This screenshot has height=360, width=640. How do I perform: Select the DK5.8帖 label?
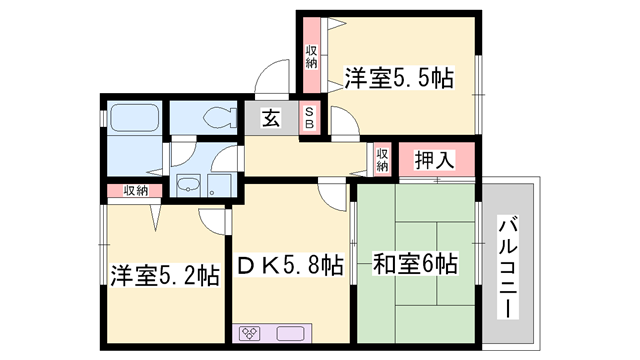pos(291,266)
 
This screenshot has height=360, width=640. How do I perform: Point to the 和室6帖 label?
pos(416,265)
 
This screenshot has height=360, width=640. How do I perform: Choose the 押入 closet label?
pos(434,158)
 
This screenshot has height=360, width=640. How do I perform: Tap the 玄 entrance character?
pos(271,118)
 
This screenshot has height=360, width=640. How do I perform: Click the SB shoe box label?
pos(310,118)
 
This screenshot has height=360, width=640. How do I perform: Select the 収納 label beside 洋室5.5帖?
pos(312,56)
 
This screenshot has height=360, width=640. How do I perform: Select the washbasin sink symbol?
pos(187,185)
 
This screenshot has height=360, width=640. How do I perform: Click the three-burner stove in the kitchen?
pos(250,334)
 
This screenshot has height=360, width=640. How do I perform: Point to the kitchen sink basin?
pos(290,334)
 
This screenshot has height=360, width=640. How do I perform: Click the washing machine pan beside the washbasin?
pos(221,186)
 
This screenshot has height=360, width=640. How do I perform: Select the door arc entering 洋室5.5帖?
pos(343,124)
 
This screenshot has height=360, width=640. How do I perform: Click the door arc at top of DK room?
pos(331,195)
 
